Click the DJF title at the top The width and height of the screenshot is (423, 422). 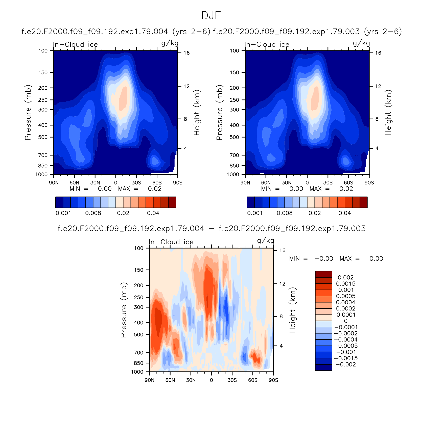point(211,16)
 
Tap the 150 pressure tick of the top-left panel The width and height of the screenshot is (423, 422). point(43,72)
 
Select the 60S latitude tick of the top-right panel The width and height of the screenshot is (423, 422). point(348,182)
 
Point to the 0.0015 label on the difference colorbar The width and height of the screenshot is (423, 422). point(345,284)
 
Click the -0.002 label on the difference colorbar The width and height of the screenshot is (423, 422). point(345,364)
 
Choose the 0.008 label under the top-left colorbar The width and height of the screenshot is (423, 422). point(93,213)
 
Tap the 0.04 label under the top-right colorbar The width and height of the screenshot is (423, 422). point(345,213)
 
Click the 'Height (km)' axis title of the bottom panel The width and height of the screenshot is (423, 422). point(292,310)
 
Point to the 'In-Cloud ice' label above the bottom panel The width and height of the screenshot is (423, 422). point(171,242)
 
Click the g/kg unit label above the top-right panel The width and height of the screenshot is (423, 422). point(361,43)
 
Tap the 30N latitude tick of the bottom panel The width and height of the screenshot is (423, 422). point(191,380)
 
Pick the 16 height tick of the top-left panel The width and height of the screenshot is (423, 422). point(186,53)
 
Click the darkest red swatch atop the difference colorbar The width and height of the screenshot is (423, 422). point(323,274)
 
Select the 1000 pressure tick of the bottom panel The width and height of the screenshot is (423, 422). point(137,372)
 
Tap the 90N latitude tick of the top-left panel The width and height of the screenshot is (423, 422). point(54,182)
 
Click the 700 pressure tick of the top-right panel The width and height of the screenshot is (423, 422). point(234,155)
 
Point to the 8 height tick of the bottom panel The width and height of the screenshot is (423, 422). point(281,316)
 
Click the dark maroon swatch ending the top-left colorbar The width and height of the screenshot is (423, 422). point(172,202)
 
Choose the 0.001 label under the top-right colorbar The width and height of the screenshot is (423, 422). point(255,213)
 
